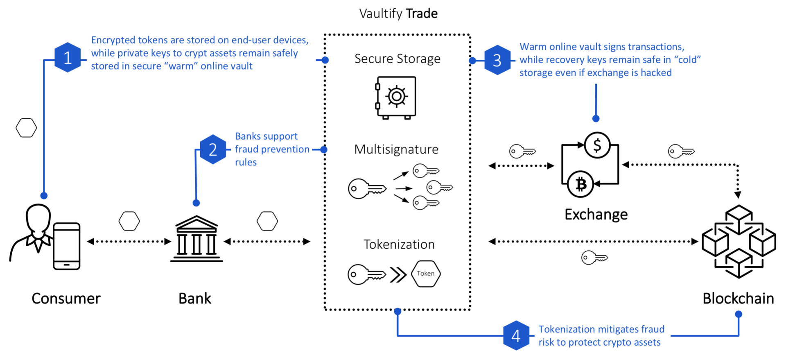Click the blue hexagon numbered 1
68,58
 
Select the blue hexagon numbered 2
213,149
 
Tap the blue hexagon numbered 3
497,60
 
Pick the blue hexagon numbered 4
516,336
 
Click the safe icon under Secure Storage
396,97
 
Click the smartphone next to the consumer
67,246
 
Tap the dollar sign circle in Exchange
597,145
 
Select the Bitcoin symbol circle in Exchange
580,184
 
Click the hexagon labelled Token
426,274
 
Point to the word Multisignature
396,149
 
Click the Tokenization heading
399,245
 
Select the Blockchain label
738,299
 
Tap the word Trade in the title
422,14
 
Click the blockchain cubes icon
739,242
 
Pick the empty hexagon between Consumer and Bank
129,221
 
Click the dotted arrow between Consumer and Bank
129,242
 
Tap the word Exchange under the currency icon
596,215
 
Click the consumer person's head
38,217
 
